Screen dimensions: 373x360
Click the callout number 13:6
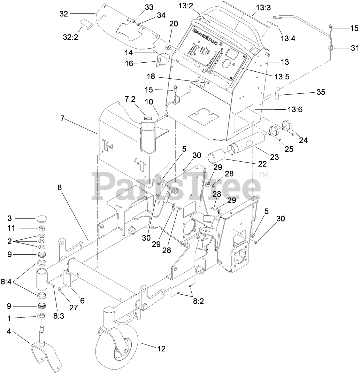pyautogui.click(x=295, y=109)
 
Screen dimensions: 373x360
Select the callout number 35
pyautogui.click(x=320, y=92)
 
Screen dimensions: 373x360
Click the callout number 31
pyautogui.click(x=354, y=47)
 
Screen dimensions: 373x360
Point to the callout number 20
pyautogui.click(x=173, y=24)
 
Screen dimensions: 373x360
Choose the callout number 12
pyautogui.click(x=161, y=348)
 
